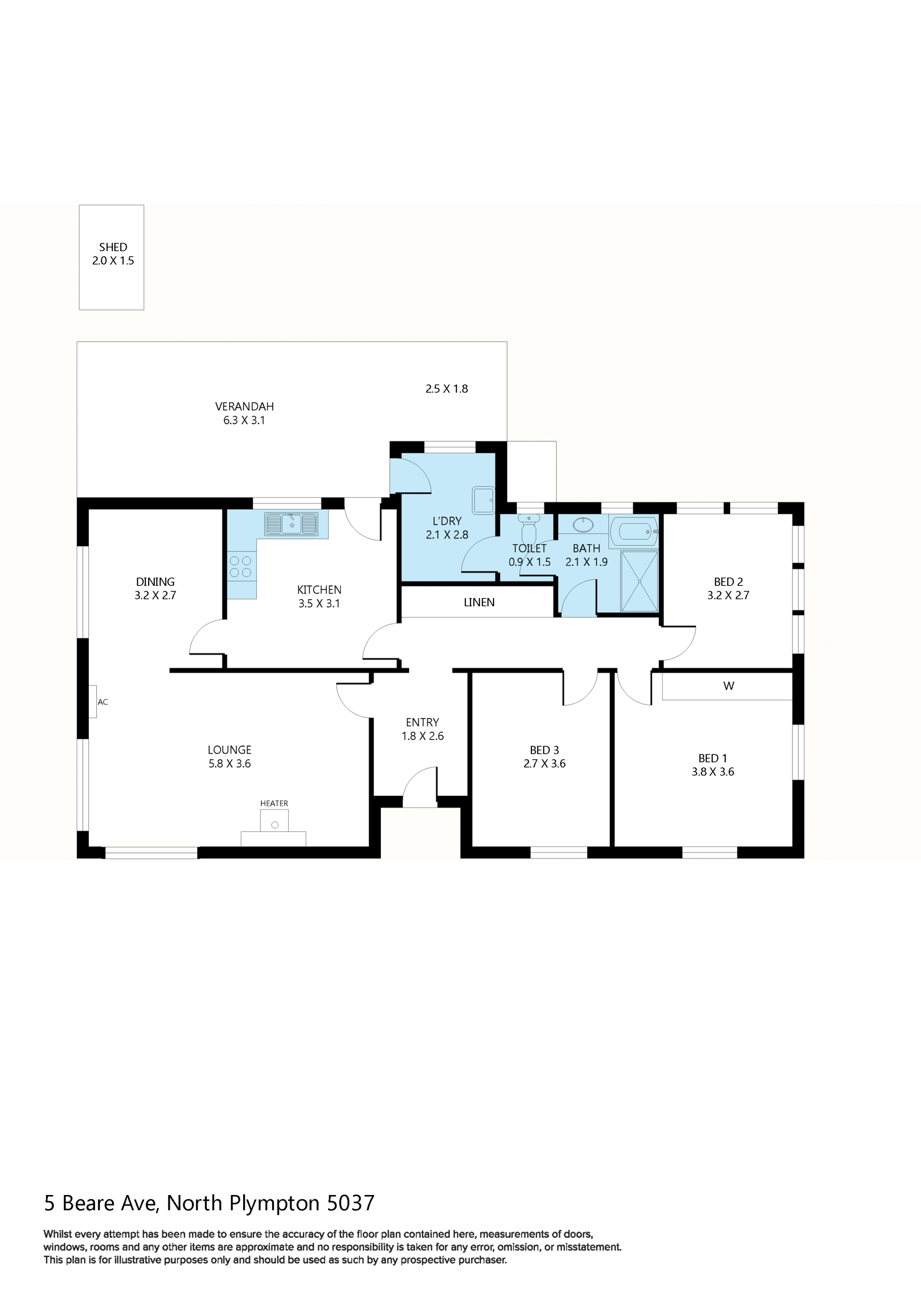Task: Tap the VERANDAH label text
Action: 245,406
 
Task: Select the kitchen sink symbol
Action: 292,524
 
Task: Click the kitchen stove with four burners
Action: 241,566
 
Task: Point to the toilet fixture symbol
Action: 529,528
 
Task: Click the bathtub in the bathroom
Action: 634,531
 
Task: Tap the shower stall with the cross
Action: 639,581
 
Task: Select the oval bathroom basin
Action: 583,525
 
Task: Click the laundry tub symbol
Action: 483,500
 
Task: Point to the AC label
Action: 103,702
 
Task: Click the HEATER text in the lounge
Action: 274,803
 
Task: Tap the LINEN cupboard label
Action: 479,602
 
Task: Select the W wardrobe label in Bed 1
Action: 729,685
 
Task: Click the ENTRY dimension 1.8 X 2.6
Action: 423,736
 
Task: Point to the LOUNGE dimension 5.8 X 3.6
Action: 230,763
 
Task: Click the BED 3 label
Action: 544,750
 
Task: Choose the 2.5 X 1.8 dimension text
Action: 447,389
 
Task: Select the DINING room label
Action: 155,582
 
